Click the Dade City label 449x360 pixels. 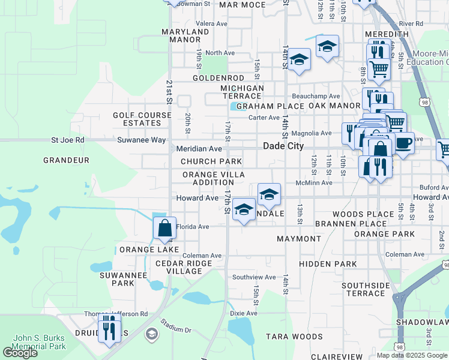(x=283, y=146)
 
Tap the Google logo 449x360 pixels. (x=20, y=353)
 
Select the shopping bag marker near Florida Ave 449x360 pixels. (x=164, y=229)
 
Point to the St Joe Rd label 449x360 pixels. (x=68, y=140)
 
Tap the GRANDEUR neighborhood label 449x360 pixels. (x=66, y=160)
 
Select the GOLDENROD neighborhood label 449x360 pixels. (x=218, y=78)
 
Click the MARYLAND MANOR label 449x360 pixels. (x=184, y=35)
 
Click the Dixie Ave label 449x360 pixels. (x=244, y=313)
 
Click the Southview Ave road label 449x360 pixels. (x=254, y=277)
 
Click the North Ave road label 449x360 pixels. (x=220, y=53)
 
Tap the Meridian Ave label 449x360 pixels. (x=199, y=149)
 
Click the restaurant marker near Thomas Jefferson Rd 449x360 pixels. (x=109, y=329)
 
